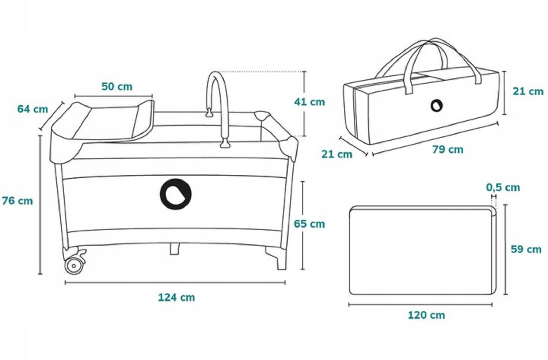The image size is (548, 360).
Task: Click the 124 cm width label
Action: pos(176,297)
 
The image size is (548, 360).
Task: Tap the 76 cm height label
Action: pos(17,201)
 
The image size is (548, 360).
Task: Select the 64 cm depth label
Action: pos(33,109)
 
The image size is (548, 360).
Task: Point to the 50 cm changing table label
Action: pos(117,87)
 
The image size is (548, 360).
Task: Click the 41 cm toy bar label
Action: pos(309,102)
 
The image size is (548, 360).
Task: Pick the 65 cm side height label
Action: pos(309,224)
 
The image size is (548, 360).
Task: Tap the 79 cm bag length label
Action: pos(448,149)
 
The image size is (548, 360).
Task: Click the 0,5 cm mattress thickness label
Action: pos(503,187)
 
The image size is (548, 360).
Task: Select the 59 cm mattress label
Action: pos(526,249)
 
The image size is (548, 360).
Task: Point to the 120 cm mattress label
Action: pos(426,315)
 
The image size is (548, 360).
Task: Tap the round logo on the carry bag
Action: pos(436,106)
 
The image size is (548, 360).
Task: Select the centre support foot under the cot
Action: pos(175,249)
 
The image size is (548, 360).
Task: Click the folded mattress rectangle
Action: pos(422,250)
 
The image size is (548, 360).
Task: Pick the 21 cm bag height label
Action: pos(528,91)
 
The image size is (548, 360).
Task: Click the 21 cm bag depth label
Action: pos(336,154)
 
